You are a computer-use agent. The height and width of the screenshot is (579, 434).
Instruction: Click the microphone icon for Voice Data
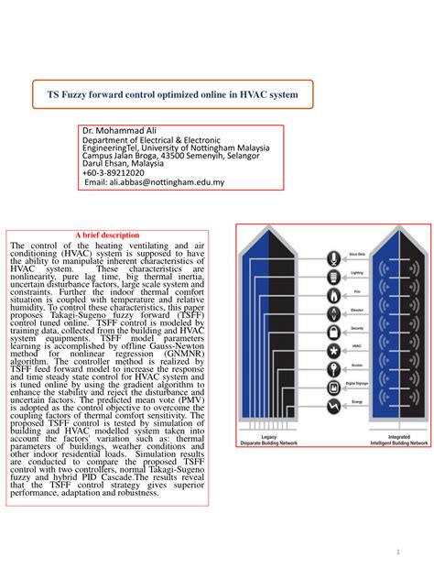click(331, 256)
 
